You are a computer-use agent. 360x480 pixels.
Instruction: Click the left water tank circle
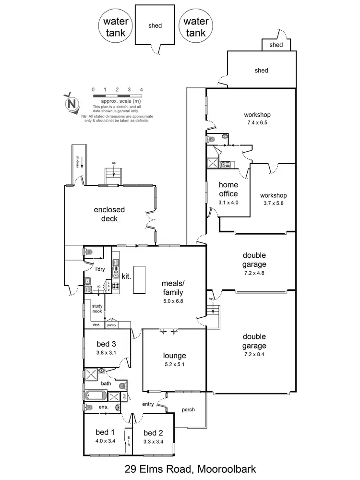(115, 27)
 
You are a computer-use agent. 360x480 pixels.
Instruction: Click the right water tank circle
(196, 27)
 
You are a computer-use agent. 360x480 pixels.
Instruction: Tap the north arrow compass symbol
(72, 103)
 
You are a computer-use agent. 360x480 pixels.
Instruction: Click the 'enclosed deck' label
(109, 214)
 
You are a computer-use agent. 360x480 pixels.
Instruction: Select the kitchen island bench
(139, 280)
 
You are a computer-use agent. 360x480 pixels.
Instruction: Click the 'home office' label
(228, 189)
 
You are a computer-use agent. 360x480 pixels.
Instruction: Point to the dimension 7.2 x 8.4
(254, 354)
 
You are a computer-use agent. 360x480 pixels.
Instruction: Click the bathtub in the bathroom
(95, 396)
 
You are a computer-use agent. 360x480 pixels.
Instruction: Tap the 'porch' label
(188, 409)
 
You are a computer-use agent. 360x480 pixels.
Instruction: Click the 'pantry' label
(111, 325)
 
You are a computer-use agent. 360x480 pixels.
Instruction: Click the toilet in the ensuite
(89, 408)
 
